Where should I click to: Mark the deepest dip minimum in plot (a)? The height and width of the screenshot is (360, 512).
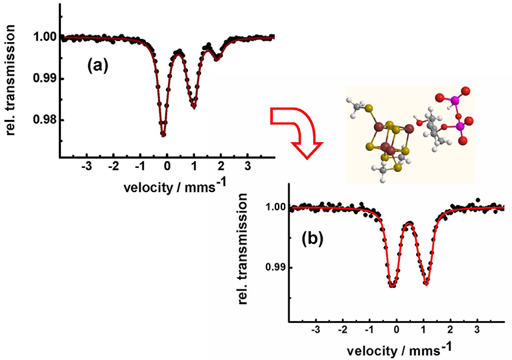[x=163, y=134]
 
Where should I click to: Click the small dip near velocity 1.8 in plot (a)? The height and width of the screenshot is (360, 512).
[x=217, y=58]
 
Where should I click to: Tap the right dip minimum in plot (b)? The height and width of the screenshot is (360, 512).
[x=426, y=283]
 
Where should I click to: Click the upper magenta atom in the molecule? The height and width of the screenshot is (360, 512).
[x=454, y=99]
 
